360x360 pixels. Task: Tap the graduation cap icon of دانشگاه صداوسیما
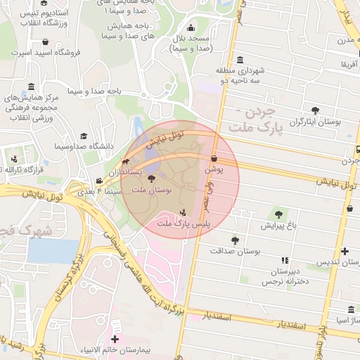click(x=84, y=136)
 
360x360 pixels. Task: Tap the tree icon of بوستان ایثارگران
click(x=314, y=110)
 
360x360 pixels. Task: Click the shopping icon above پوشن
click(x=213, y=160)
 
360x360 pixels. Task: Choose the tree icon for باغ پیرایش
click(x=278, y=214)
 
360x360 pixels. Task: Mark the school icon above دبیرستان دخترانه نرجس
click(x=284, y=260)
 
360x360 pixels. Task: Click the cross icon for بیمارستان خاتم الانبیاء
click(x=115, y=340)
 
